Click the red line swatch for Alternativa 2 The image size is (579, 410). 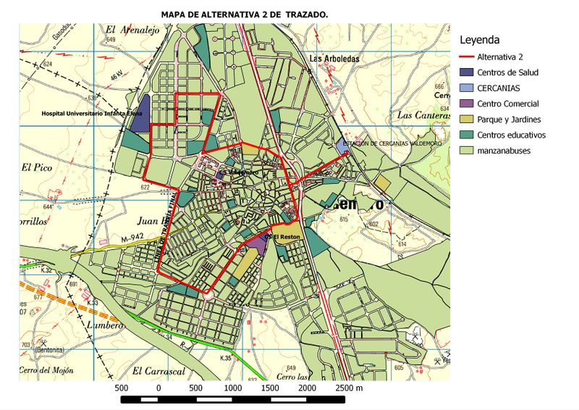coord(471,57)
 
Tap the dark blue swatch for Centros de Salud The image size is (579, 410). coord(471,72)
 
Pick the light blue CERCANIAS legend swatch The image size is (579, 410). coord(471,88)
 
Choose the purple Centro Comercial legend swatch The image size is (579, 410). coord(471,104)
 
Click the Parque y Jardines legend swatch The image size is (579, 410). coord(471,119)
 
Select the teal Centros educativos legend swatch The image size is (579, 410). coord(471,135)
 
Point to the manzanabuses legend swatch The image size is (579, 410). coord(471,151)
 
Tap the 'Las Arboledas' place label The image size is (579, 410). coord(334,59)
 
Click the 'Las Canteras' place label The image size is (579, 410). coord(423,114)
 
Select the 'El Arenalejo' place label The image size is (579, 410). coord(131,30)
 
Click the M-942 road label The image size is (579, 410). coord(133,238)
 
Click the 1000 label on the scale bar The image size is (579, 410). coord(233,389)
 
